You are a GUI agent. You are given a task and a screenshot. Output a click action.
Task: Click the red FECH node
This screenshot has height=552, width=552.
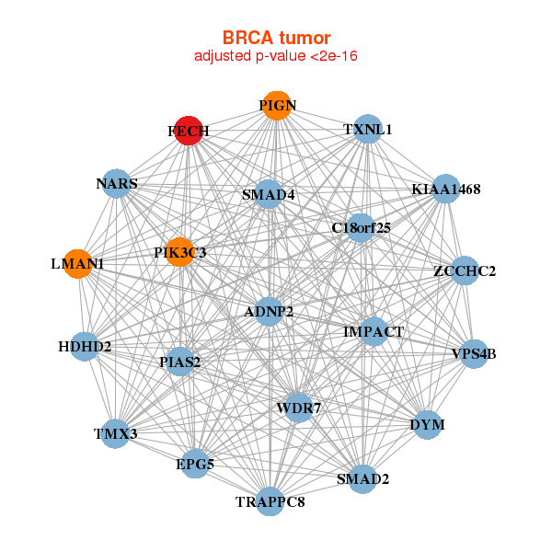(x=188, y=131)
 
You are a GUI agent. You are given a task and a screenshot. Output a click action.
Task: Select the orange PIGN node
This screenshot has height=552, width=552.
(x=276, y=106)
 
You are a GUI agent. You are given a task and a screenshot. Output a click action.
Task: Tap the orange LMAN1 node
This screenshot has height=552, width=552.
(x=78, y=264)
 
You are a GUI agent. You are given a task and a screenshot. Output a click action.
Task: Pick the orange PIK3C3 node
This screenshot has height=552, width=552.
(x=180, y=251)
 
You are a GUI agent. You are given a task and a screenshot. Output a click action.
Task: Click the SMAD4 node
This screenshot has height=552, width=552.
(x=269, y=194)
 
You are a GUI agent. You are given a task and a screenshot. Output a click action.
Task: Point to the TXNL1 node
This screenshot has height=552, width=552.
(x=367, y=130)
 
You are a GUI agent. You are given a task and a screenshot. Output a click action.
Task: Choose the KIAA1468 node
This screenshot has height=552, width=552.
(x=445, y=190)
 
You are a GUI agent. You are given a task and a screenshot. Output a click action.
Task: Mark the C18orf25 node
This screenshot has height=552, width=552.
(x=361, y=227)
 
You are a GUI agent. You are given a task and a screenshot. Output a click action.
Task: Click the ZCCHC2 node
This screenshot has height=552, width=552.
(x=465, y=270)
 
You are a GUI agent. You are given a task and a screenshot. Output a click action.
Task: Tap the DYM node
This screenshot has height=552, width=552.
(x=427, y=425)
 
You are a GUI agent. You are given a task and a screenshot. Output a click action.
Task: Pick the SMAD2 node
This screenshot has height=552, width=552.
(x=362, y=478)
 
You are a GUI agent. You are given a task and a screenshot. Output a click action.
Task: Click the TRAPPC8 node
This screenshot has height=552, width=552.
(x=270, y=501)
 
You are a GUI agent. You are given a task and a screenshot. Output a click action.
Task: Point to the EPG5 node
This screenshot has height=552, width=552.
(x=195, y=465)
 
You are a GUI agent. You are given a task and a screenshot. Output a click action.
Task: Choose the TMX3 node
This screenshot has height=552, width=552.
(x=115, y=432)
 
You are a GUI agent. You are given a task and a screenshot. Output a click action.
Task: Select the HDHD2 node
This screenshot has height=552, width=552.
(x=84, y=347)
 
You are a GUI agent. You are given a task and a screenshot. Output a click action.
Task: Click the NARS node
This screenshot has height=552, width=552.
(x=116, y=184)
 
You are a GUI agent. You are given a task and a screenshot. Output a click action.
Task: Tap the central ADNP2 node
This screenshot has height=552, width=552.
(x=269, y=312)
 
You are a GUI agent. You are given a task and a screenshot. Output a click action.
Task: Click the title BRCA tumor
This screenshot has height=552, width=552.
(x=276, y=38)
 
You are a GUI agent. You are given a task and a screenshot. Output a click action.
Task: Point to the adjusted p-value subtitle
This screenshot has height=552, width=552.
(x=276, y=56)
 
